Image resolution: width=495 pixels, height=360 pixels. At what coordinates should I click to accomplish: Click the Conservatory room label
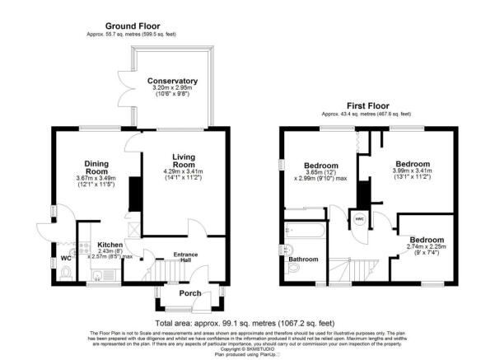pyautogui.click(x=172, y=81)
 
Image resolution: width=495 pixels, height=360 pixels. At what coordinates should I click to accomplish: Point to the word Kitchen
pyautogui.click(x=111, y=245)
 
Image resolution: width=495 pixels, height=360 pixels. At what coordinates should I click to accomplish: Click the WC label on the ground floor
pyautogui.click(x=66, y=257)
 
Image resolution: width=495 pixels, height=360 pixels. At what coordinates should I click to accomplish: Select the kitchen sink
pyautogui.click(x=98, y=276)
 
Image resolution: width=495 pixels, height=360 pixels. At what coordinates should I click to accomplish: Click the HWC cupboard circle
pyautogui.click(x=359, y=219)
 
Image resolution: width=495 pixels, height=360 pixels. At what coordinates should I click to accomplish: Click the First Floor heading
pyautogui.click(x=367, y=105)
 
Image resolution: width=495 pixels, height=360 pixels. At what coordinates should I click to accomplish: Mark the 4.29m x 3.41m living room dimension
pyautogui.click(x=189, y=172)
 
